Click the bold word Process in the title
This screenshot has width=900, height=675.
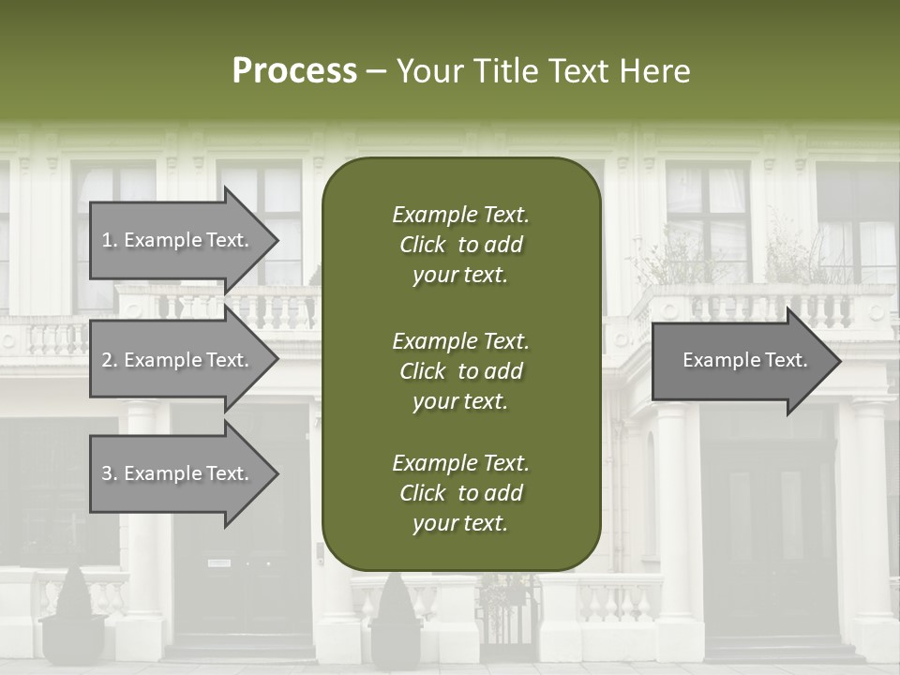[x=294, y=71]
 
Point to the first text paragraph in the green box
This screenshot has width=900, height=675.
[x=460, y=245]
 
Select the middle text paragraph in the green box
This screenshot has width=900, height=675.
[x=460, y=371]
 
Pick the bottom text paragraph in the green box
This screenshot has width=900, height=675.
[x=460, y=493]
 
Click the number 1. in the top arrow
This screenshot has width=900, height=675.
[x=109, y=241]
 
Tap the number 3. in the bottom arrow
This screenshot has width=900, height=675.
[x=109, y=474]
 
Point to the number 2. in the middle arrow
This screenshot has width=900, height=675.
[x=109, y=360]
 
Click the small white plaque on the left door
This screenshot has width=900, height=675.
[x=218, y=562]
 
